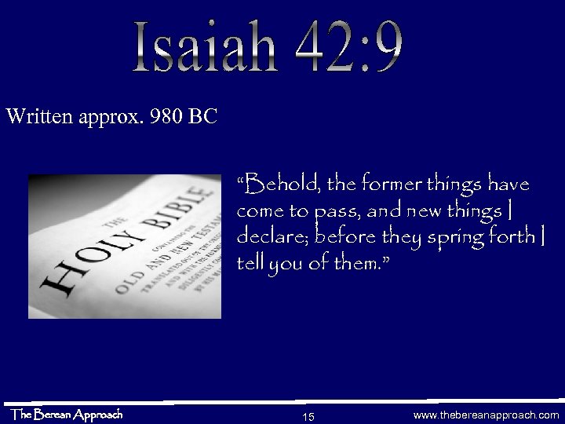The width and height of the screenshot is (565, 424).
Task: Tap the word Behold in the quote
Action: point(276,186)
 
